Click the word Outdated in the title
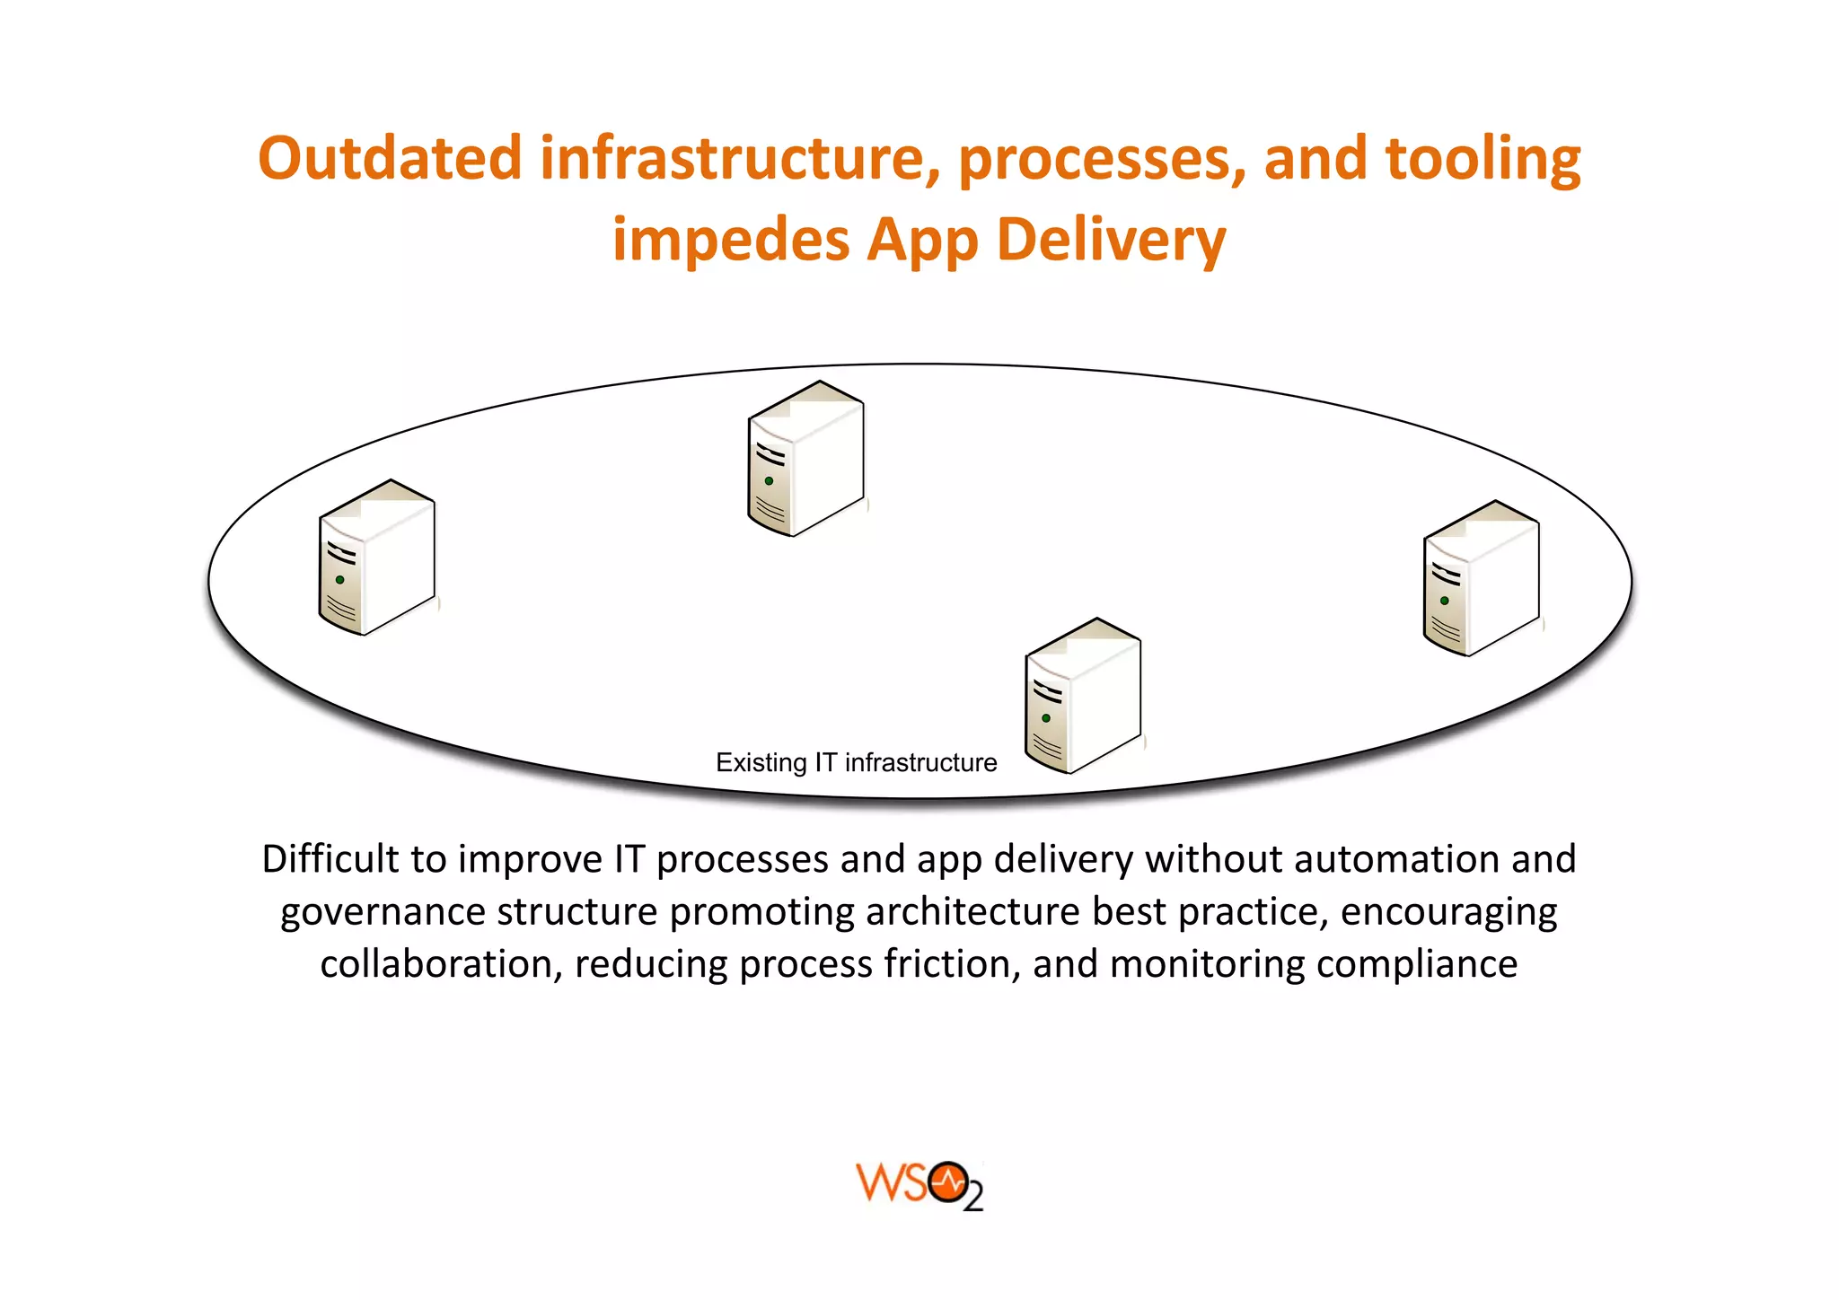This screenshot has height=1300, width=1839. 389,159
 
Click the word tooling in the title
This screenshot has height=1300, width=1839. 1483,159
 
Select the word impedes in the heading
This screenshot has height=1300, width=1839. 731,241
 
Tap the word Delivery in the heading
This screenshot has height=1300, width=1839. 1111,241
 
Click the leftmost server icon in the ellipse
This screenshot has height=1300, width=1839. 377,558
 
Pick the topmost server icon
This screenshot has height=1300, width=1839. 805,459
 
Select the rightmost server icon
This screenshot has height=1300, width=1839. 1481,578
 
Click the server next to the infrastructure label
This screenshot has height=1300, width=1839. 1083,696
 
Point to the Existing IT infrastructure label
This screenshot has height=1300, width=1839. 856,763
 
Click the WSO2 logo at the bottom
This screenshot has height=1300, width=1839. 919,1185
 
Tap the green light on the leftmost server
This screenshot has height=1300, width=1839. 340,580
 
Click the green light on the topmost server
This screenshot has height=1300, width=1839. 769,481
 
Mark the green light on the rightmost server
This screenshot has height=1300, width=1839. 1444,601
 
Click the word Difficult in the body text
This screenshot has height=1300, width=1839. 330,859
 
